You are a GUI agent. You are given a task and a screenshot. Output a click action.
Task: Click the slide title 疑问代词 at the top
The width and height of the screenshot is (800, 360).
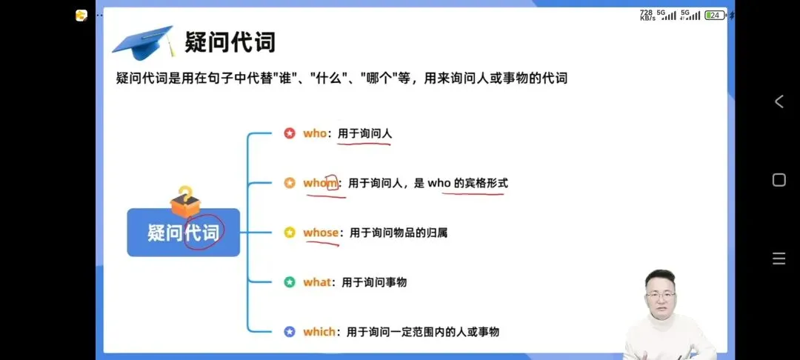tap(230, 41)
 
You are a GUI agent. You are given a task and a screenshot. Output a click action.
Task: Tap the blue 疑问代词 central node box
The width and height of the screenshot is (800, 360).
tap(183, 233)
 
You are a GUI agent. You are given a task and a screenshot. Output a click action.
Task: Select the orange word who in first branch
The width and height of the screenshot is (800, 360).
tap(315, 133)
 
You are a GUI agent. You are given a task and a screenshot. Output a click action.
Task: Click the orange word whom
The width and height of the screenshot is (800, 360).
tap(320, 183)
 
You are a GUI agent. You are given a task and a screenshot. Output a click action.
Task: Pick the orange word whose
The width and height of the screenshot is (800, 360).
tap(320, 233)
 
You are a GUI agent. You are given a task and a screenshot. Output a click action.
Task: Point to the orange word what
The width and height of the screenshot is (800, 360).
tap(317, 282)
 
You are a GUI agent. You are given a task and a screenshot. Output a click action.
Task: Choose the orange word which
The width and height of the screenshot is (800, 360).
tap(319, 332)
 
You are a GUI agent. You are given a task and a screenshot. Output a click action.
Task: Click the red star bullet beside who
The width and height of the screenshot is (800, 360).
tap(290, 133)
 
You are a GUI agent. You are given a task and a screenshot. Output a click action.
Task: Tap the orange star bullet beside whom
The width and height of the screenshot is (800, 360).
tap(290, 183)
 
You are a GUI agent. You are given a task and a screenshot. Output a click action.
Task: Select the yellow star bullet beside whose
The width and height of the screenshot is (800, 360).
tap(290, 233)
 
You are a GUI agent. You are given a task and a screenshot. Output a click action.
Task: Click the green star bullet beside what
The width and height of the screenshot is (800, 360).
tap(290, 282)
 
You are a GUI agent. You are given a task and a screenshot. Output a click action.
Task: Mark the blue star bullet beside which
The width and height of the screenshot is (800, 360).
tap(290, 332)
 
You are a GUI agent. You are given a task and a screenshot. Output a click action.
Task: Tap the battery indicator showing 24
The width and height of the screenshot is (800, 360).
tap(715, 15)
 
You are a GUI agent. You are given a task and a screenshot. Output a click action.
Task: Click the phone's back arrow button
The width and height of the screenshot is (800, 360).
tap(779, 102)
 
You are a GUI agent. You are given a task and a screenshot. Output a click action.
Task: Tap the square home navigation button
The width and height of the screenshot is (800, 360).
tap(779, 180)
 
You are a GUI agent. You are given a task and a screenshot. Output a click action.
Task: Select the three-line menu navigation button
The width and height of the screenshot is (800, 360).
tap(779, 259)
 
